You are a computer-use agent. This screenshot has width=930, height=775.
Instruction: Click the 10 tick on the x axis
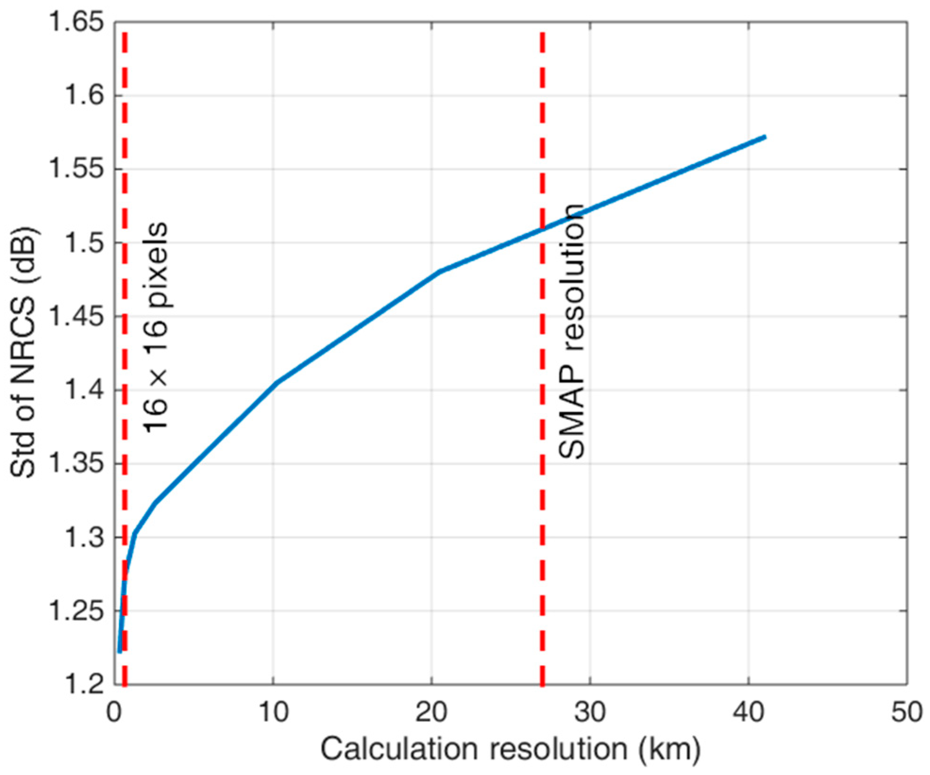(x=274, y=712)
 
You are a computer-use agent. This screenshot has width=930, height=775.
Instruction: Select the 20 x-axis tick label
(x=432, y=712)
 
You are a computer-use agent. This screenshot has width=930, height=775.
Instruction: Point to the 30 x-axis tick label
(x=590, y=712)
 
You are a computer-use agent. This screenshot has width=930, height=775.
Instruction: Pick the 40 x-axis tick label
(x=749, y=712)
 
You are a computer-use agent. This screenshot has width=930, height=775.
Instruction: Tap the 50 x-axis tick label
(x=906, y=712)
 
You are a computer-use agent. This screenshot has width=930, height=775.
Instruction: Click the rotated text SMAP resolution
(x=571, y=332)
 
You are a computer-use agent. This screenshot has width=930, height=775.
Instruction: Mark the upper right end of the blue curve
(x=765, y=137)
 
